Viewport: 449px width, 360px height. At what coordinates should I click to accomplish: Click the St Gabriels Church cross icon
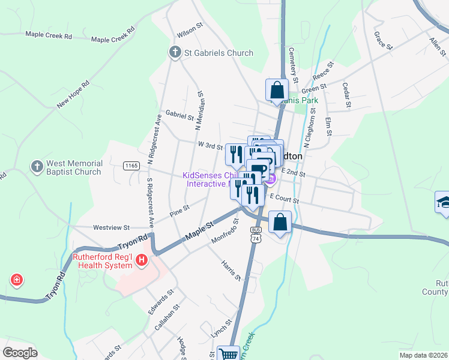point(175,53)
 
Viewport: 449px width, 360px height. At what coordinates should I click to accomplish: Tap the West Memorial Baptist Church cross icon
point(37,166)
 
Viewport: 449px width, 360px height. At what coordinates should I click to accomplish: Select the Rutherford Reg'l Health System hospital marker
point(142,260)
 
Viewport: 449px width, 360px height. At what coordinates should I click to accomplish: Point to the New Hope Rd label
point(73,94)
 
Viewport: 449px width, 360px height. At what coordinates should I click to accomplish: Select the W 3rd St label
point(210,145)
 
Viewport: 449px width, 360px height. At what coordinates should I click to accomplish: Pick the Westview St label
point(112,227)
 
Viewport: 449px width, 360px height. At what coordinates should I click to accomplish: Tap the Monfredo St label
point(225,231)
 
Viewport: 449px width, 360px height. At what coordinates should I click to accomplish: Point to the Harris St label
point(231,271)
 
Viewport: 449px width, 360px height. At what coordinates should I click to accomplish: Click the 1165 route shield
point(131,165)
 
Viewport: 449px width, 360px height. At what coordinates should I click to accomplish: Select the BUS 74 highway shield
point(256,234)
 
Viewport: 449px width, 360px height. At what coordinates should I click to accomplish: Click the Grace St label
point(382,41)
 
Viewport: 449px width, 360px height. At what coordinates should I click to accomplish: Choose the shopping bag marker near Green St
point(277,91)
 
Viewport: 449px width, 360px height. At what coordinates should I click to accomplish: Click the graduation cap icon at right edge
point(443,202)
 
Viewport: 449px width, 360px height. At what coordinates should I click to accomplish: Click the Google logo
point(20,352)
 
